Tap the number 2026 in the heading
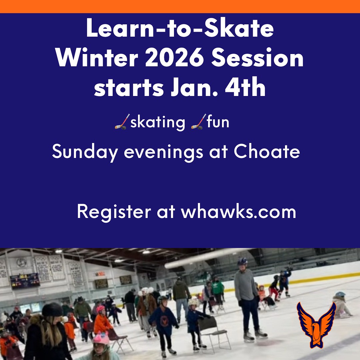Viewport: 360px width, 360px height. click(x=174, y=58)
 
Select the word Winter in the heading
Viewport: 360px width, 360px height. click(x=97, y=58)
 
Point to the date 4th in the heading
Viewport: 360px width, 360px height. click(x=245, y=87)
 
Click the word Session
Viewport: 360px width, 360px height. click(x=257, y=58)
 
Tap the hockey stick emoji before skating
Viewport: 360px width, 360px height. click(x=122, y=122)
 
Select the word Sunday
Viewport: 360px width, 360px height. click(x=85, y=152)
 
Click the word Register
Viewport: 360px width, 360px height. click(x=114, y=212)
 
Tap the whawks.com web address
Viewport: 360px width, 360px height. click(x=238, y=211)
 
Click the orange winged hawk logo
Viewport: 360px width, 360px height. click(x=316, y=324)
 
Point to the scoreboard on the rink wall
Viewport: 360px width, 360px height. click(x=25, y=281)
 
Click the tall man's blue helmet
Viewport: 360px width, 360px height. click(x=242, y=261)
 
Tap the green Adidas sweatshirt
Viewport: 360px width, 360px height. click(x=217, y=287)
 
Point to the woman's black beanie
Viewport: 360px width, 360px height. click(x=52, y=310)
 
